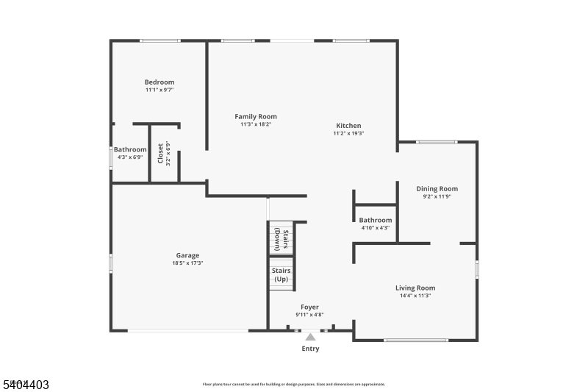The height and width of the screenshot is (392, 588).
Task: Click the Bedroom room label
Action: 159,82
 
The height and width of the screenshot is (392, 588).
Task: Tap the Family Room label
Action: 256,116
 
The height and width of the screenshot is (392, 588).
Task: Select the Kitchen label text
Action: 348,125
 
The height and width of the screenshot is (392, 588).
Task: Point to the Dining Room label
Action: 437,188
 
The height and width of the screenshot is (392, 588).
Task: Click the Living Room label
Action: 415,288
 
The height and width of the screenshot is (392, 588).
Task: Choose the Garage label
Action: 187,255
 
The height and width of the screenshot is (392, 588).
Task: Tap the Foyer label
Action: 310,307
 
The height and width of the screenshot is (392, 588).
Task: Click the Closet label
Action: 160,153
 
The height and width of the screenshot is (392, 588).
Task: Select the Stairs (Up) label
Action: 281,274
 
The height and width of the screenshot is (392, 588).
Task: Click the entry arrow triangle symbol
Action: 310,337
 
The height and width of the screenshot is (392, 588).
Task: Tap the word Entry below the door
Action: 310,349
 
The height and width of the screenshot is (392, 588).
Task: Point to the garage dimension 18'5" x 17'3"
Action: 187,263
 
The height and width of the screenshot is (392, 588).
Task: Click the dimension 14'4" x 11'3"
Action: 415,296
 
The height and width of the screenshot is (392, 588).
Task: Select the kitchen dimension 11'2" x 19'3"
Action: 348,133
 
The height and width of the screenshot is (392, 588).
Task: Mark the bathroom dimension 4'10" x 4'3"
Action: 375,228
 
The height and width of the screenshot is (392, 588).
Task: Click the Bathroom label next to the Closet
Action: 130,149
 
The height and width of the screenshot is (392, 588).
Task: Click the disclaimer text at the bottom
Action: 294,384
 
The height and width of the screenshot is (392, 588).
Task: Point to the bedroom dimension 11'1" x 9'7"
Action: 159,90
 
